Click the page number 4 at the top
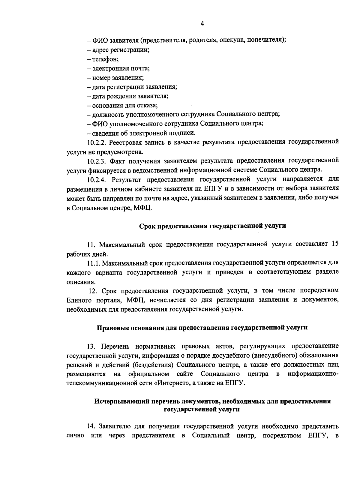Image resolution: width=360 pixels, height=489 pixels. click(202, 24)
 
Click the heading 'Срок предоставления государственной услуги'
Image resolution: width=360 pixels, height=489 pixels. click(213, 226)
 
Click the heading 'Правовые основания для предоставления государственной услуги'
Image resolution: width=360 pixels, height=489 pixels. click(202, 328)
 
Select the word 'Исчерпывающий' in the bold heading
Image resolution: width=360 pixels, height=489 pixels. click(117, 401)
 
